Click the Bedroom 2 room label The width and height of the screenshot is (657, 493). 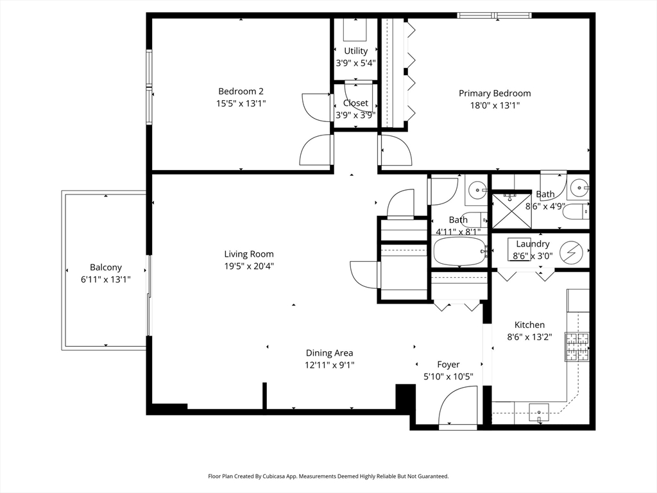click(x=241, y=91)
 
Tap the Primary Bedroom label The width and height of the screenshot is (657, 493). click(x=495, y=94)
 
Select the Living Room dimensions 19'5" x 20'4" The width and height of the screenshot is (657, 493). click(x=249, y=266)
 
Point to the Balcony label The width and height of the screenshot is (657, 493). click(x=106, y=268)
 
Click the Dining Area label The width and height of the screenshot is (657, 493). click(x=329, y=354)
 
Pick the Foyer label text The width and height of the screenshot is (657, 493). click(x=448, y=365)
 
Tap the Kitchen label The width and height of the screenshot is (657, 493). click(x=529, y=325)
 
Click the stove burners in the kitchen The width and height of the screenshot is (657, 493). click(x=577, y=347)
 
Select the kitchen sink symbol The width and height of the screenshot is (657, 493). click(x=539, y=412)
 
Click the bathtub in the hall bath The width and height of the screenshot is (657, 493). click(x=459, y=252)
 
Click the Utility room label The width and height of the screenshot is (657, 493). click(x=355, y=51)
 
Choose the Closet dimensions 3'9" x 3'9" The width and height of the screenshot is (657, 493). click(x=355, y=115)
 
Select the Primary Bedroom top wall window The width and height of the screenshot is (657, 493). click(x=495, y=15)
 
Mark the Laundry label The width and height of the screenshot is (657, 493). click(x=533, y=244)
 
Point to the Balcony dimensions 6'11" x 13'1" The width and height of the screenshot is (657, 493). click(x=106, y=280)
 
